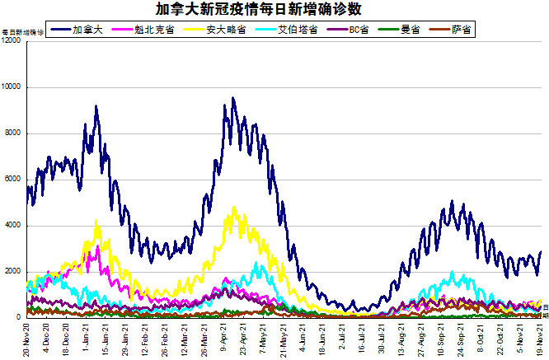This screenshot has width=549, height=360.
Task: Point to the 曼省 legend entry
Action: click(409, 30)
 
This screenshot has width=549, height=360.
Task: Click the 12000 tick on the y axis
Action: click(12, 41)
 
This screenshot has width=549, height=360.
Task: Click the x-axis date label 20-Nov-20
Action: click(28, 338)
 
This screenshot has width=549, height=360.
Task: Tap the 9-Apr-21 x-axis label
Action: click(226, 338)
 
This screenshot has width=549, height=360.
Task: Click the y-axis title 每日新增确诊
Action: click(22, 32)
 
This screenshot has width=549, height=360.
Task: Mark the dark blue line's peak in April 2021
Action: click(233, 98)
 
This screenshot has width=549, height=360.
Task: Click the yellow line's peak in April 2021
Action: click(234, 208)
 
